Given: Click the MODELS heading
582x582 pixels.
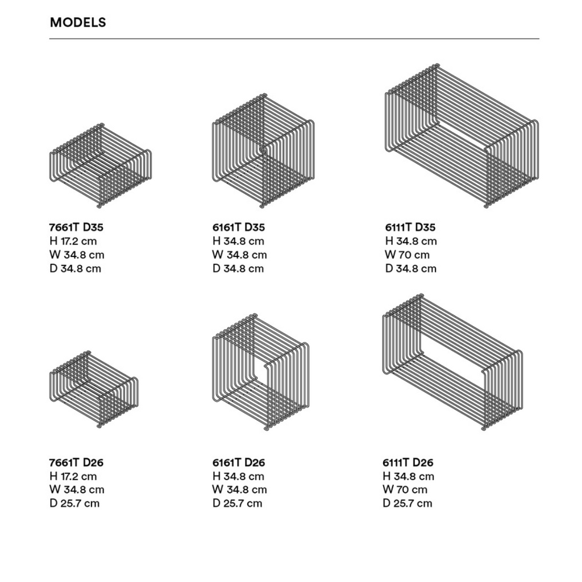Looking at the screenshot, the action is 78,22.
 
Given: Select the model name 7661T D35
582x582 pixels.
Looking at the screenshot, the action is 76,227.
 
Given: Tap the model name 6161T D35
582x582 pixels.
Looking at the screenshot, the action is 239,227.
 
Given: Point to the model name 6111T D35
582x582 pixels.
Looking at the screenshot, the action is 410,227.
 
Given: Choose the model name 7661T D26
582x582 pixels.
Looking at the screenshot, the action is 76,463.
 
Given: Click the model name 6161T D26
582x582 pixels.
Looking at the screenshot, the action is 239,463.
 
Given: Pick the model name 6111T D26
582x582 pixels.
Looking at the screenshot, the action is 408,463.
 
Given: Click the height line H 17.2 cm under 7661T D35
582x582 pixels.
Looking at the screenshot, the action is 73,241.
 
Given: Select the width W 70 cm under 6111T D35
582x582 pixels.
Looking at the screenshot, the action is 407,255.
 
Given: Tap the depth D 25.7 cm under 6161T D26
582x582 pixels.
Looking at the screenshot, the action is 237,504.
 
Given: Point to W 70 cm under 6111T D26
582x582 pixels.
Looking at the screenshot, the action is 405,489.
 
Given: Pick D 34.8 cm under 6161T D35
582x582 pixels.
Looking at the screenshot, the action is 238,269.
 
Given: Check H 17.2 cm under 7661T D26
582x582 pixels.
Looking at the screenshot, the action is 73,476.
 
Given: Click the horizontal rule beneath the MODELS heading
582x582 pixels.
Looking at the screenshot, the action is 294,39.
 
